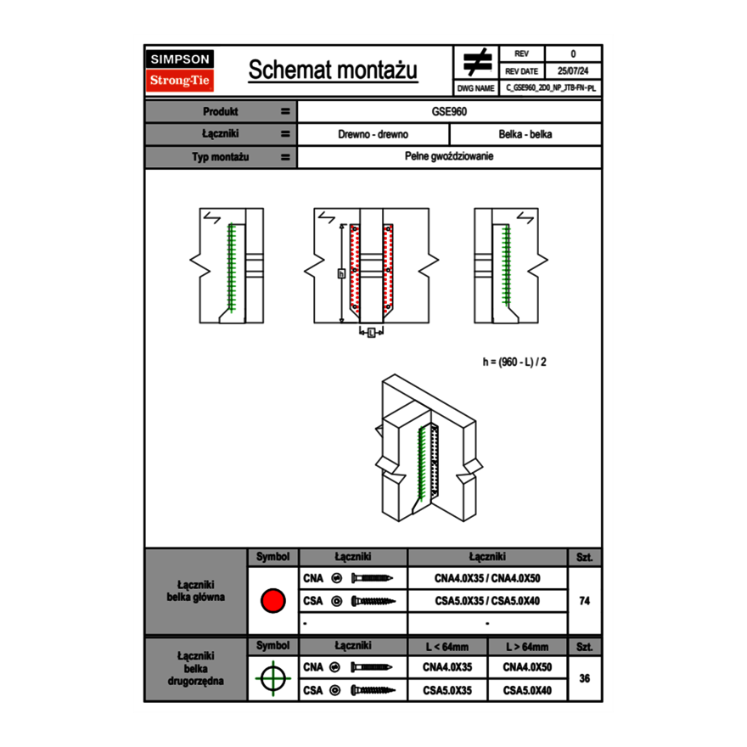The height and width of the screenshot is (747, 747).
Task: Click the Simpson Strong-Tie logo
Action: [x=180, y=70]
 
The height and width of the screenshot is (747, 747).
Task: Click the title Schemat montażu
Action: [x=333, y=70]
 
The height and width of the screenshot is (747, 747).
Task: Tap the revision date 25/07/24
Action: [x=573, y=71]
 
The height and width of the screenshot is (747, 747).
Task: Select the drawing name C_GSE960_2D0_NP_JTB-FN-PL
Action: [x=551, y=87]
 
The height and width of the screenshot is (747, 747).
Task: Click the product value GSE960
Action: [x=449, y=111]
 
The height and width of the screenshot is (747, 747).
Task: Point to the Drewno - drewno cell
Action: [x=373, y=134]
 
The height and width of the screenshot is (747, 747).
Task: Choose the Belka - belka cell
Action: [x=525, y=134]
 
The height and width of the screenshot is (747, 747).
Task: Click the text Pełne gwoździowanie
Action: [x=449, y=157]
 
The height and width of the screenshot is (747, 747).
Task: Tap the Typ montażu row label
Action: [x=221, y=157]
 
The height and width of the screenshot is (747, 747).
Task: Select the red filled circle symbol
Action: [x=272, y=601]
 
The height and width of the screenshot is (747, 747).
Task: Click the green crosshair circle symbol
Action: [x=272, y=678]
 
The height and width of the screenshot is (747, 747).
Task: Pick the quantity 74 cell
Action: [x=584, y=601]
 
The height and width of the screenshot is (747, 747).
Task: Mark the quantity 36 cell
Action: [x=584, y=678]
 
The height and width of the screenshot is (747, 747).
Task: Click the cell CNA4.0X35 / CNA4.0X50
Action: [x=487, y=578]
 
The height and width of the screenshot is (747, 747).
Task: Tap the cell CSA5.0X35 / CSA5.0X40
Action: [x=487, y=601]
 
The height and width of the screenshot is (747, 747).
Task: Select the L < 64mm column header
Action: [x=447, y=647]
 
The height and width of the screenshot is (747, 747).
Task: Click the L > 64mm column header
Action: [x=527, y=647]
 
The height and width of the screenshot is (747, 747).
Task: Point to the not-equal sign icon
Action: [x=476, y=62]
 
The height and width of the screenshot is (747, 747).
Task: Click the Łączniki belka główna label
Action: [x=196, y=591]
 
